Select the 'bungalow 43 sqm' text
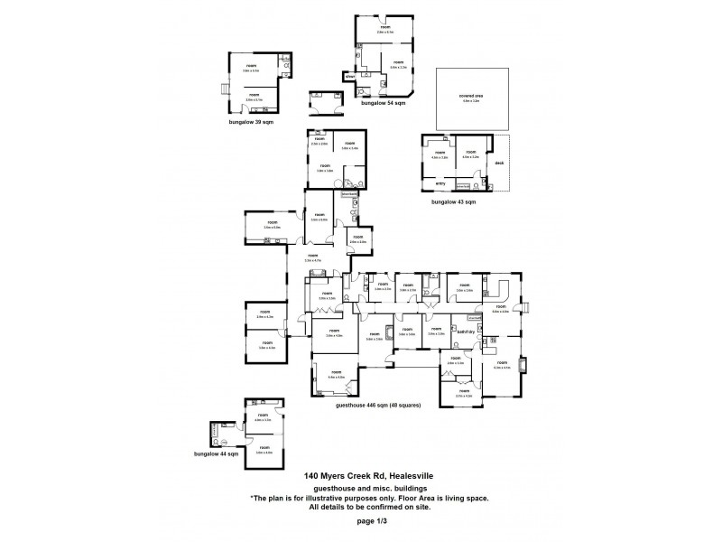click(x=453, y=202)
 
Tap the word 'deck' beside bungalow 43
click(x=499, y=164)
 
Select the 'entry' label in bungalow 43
click(x=440, y=183)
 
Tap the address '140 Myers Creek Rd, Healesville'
click(x=360, y=476)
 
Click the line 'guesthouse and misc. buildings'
click(x=360, y=488)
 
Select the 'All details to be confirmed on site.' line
click(x=360, y=508)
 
